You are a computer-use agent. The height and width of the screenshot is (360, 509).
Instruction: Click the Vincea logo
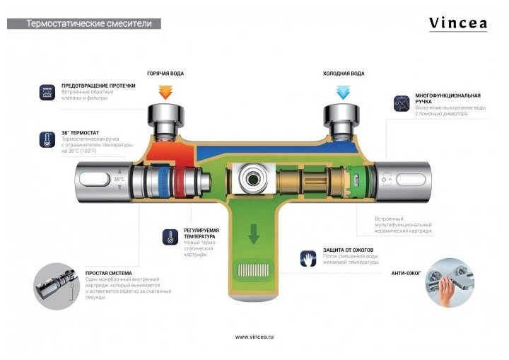(x=458, y=23)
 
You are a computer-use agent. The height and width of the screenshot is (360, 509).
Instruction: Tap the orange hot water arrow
(x=165, y=92)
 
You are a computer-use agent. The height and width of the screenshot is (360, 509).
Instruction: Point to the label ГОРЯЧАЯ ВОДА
(x=165, y=74)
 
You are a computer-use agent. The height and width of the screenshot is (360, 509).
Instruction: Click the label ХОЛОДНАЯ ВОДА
(x=344, y=74)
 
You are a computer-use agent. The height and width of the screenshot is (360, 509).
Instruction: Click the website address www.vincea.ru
(x=254, y=337)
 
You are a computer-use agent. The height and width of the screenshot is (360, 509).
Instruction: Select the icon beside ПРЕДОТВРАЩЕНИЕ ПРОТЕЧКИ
(x=48, y=92)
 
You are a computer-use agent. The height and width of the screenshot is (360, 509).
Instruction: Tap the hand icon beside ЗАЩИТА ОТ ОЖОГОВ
(x=308, y=257)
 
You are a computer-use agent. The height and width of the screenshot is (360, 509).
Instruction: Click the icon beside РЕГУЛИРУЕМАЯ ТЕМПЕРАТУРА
(x=170, y=236)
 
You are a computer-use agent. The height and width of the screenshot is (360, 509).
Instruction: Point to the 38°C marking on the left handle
(x=119, y=180)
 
